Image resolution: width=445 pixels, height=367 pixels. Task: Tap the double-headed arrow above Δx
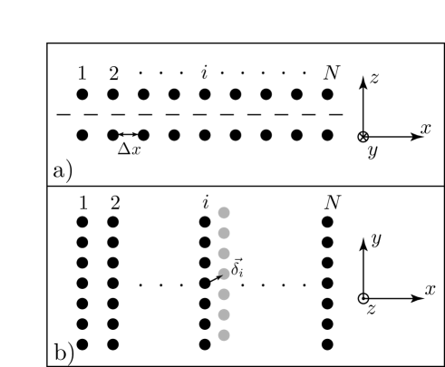point(129,135)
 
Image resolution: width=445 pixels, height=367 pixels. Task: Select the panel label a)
point(64,170)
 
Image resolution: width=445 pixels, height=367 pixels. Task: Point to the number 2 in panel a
point(113,72)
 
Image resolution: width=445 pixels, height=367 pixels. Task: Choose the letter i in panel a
point(205,72)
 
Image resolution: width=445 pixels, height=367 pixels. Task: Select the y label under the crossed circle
point(371,153)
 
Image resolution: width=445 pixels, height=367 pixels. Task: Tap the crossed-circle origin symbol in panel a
point(363,137)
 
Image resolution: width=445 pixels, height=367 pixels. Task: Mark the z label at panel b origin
point(371,311)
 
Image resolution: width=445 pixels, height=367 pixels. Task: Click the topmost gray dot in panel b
point(223,213)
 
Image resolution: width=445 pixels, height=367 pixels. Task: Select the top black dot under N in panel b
point(327,220)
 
